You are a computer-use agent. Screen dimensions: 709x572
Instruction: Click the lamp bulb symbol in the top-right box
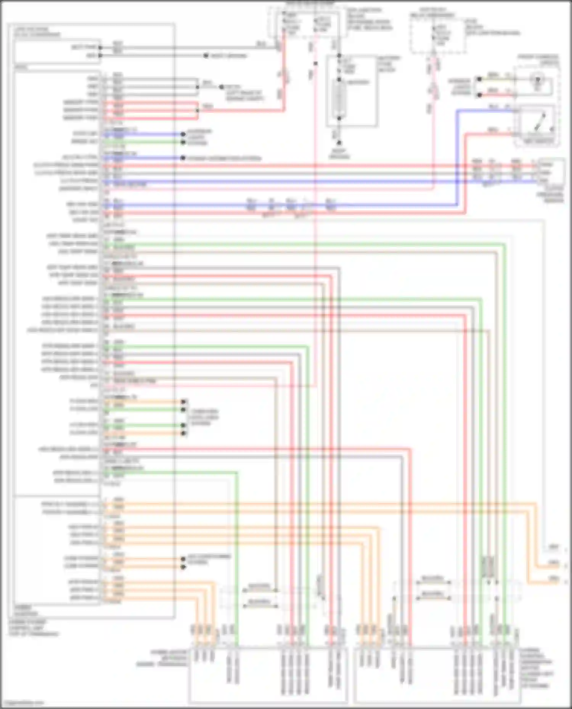(538, 80)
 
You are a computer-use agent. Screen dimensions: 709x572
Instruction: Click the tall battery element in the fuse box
(339, 99)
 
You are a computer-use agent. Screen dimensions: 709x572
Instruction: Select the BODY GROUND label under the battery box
(339, 154)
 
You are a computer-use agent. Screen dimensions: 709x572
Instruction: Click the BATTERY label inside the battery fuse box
(357, 82)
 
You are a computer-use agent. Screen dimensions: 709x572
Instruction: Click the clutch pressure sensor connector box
(551, 173)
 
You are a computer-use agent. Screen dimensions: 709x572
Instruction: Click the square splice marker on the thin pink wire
(315, 63)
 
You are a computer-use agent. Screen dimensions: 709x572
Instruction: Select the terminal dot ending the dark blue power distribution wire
(183, 158)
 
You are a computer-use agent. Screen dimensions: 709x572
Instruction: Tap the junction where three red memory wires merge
(197, 110)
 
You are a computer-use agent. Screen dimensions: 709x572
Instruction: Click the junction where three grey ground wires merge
(197, 87)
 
